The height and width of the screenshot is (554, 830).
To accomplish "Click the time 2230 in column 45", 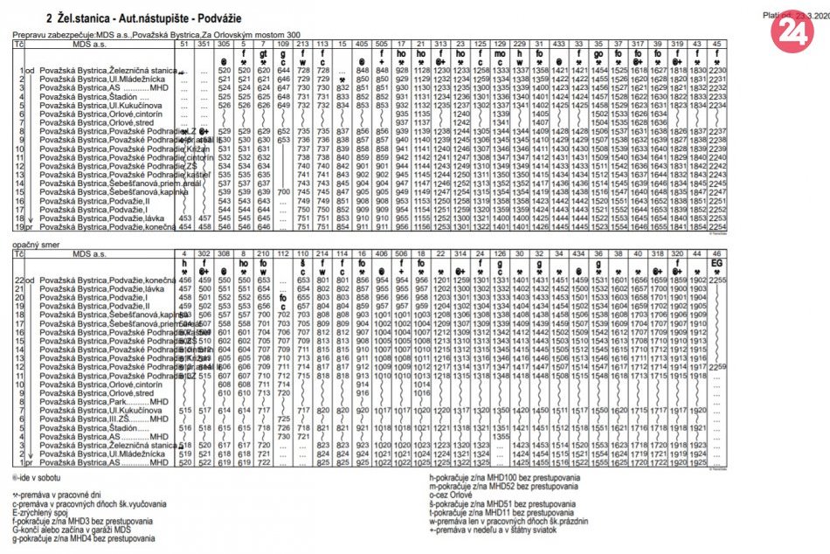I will pos(717,70).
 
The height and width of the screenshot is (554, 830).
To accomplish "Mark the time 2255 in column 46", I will pos(717,278).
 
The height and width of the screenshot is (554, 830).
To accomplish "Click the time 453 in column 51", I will pos(183,218).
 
